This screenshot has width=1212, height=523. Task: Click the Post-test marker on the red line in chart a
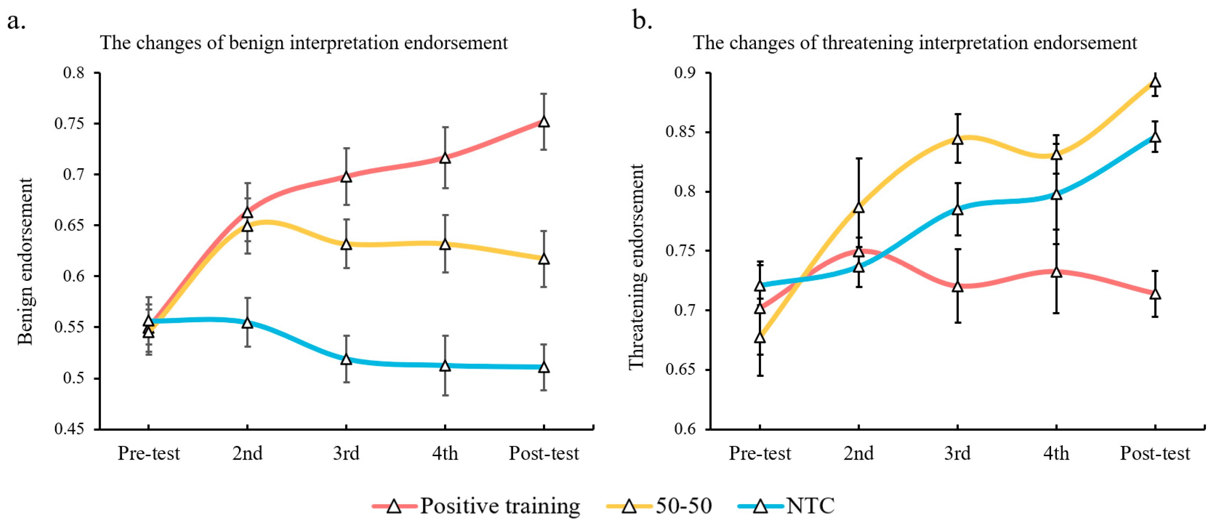tap(544, 122)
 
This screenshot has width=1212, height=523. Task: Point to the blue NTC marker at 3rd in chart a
tap(346, 359)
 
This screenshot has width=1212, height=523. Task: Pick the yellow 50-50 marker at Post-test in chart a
tap(544, 259)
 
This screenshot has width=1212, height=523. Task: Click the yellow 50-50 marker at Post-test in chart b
tap(1155, 83)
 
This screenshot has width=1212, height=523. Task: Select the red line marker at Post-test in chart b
tap(1155, 294)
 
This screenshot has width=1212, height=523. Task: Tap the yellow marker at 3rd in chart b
tap(958, 139)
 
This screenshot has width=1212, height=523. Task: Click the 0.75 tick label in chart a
tap(69, 124)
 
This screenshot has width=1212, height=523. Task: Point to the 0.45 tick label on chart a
tap(69, 429)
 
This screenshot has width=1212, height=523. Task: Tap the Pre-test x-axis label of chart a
tap(149, 454)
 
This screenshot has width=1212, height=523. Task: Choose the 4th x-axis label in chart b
tap(1056, 454)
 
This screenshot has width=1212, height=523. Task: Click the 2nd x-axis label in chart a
tap(247, 454)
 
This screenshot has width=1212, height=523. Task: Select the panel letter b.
tap(642, 21)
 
